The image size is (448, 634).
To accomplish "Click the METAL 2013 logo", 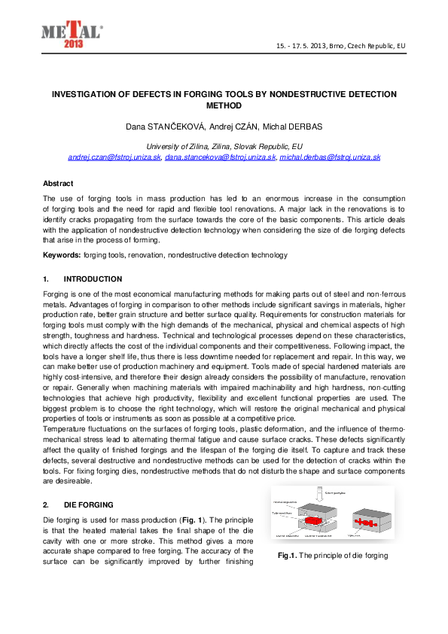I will (72, 34).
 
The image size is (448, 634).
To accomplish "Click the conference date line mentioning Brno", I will (342, 47).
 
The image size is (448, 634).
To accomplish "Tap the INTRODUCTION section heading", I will (93, 279).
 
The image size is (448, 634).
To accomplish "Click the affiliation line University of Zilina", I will (224, 146).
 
